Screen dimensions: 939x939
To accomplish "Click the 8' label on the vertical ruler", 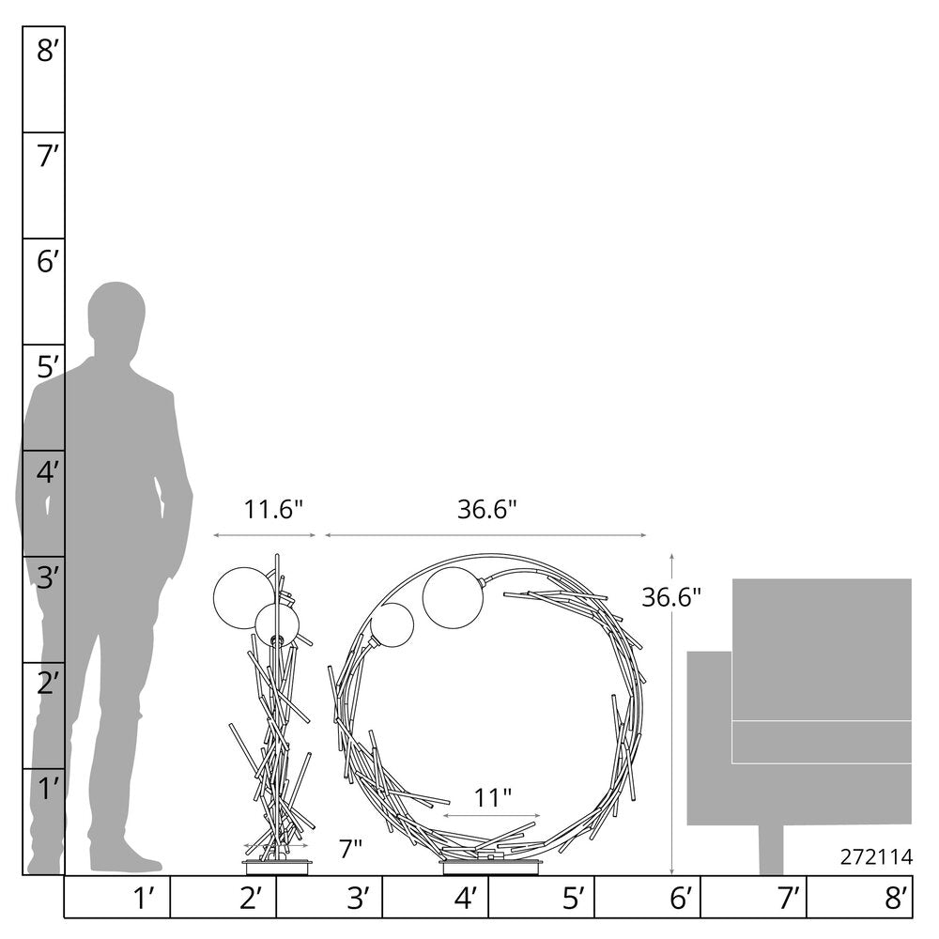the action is coord(47,51).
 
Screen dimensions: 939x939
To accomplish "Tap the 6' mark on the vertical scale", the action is coord(47,262).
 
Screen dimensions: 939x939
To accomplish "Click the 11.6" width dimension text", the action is coord(273,510).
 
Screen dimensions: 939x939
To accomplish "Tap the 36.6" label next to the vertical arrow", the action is coord(671,597).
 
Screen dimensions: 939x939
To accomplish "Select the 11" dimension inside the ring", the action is coord(493,797).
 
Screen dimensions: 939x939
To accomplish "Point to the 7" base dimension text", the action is coord(350,849).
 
